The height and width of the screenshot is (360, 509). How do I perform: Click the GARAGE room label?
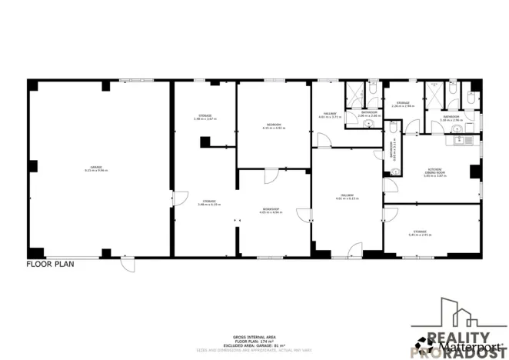(x=96, y=169)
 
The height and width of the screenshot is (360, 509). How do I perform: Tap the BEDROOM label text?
(x=273, y=126)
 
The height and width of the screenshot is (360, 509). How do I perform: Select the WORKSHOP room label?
(x=271, y=210)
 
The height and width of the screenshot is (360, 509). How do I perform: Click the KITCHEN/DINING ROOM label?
(x=435, y=174)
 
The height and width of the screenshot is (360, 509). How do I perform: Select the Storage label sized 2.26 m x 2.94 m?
(x=403, y=105)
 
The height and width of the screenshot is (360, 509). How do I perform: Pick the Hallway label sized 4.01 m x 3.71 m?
(x=329, y=115)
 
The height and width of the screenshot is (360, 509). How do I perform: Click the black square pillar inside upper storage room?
(x=205, y=141)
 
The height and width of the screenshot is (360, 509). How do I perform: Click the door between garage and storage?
(x=176, y=199)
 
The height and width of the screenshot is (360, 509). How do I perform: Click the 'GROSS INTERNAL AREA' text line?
(x=254, y=336)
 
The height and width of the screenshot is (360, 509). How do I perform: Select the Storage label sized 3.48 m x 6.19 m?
(x=209, y=203)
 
